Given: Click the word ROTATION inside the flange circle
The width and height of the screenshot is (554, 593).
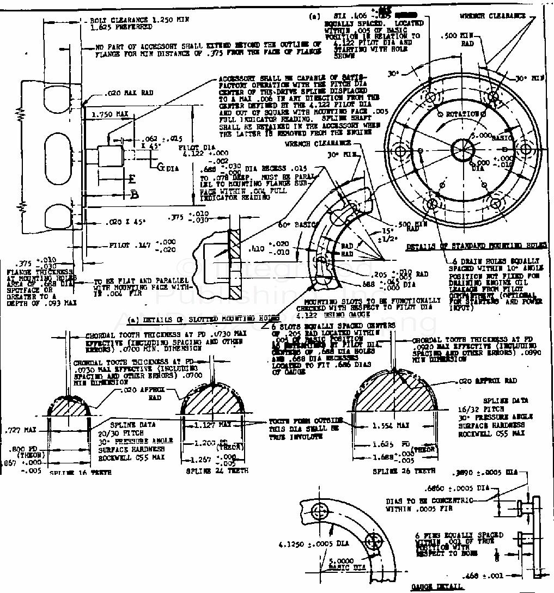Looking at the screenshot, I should pos(462,114).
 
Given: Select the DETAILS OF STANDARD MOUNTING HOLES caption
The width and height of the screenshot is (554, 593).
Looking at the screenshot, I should pos(476,246).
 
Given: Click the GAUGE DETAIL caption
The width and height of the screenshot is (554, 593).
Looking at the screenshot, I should pos(437,586).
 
